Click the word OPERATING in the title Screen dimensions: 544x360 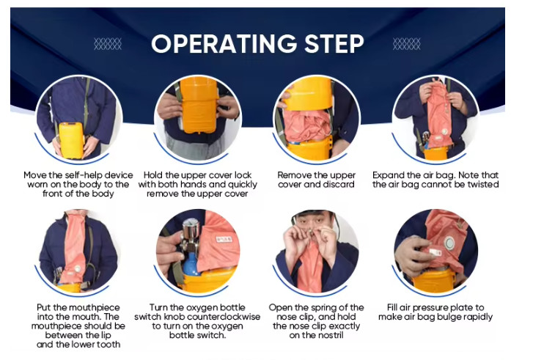coord(224,44)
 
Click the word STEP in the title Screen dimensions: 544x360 coord(334,44)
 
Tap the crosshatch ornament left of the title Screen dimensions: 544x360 coord(108,44)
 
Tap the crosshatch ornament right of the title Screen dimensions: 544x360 coord(407,44)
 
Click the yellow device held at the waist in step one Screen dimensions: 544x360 coord(71,140)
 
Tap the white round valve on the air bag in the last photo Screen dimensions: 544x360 coord(449,243)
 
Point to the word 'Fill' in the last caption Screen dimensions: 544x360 coord(392,308)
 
